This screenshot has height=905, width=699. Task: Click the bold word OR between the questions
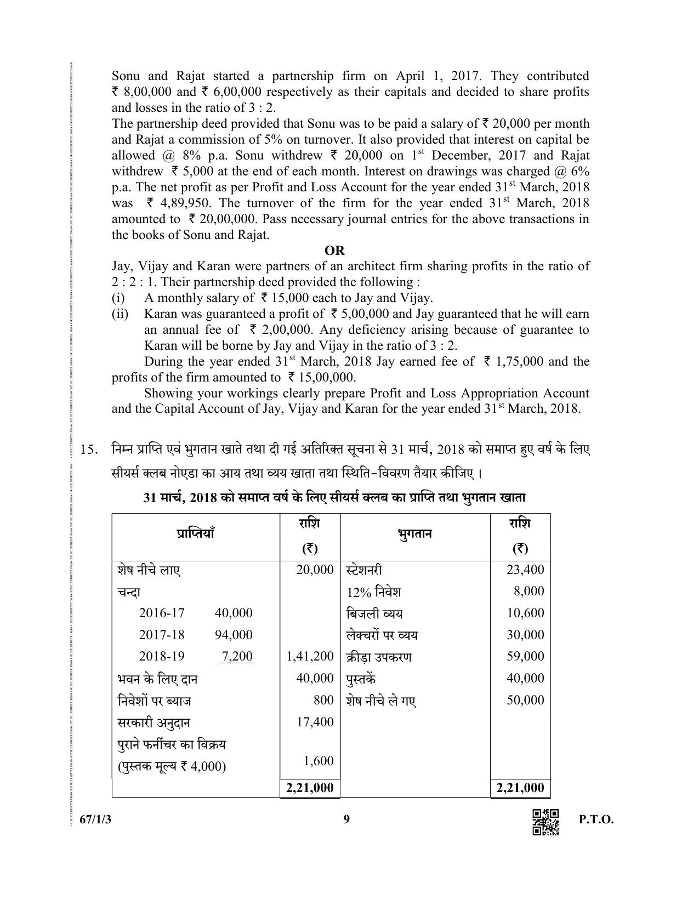click(334, 251)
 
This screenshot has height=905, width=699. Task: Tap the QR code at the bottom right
click(545, 823)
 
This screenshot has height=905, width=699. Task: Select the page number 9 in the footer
click(346, 819)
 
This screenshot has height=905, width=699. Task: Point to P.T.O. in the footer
click(596, 820)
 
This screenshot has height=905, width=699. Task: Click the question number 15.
click(89, 451)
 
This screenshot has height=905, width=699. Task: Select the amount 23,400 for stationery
click(525, 570)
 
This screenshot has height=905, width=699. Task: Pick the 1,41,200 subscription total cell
click(310, 656)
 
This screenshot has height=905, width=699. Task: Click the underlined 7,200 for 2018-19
click(236, 656)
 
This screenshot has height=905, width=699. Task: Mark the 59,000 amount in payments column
click(525, 656)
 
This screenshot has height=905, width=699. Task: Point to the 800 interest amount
click(324, 700)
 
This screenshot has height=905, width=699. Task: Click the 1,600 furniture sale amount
click(318, 760)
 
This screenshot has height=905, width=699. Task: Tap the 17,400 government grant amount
click(315, 722)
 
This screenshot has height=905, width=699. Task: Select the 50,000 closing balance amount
click(525, 700)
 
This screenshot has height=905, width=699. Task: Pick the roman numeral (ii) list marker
click(120, 314)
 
